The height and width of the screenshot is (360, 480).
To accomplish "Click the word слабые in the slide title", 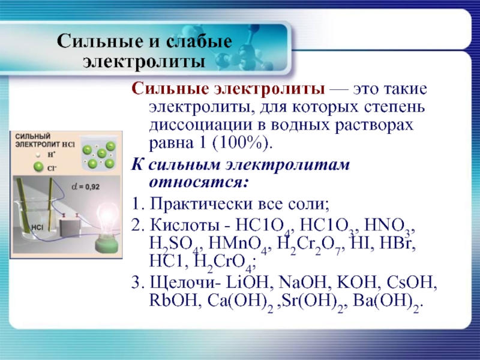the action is (199, 41).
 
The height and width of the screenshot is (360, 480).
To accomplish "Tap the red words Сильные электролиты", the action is (228, 89).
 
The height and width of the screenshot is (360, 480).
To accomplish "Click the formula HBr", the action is (397, 244).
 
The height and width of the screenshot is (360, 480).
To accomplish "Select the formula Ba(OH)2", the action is (388, 302).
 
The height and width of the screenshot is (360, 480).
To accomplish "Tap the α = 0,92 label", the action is (85, 187).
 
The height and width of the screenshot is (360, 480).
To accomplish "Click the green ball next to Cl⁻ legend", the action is (38, 167).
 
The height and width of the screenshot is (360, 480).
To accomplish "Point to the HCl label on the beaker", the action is (37, 227).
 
